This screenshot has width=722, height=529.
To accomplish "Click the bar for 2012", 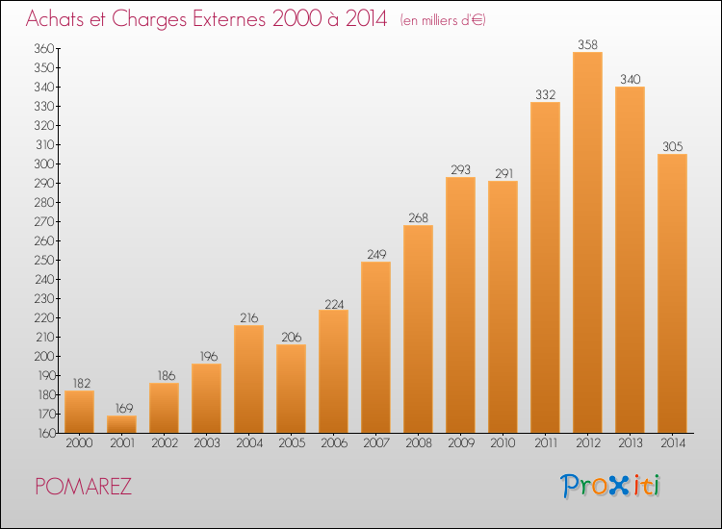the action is click(587, 242).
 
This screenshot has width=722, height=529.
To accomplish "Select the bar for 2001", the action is click(121, 424).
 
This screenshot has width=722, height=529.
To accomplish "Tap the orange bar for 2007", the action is click(375, 347).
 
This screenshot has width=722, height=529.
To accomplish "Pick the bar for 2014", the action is click(672, 293).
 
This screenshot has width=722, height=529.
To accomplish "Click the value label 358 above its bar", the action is click(587, 44).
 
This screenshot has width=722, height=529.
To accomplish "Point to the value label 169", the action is click(124, 408).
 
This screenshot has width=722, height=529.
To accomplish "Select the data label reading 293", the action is click(460, 169).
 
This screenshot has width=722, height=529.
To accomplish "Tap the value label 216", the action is click(249, 317).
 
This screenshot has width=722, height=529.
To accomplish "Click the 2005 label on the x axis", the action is click(292, 443).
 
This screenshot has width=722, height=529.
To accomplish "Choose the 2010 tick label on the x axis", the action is click(503, 443).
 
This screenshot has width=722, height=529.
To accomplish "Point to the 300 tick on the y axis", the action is click(44, 164).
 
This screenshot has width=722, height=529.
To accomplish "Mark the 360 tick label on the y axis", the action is click(44, 49).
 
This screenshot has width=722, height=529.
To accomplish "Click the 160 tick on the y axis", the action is click(46, 433).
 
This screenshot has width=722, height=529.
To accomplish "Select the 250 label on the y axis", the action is click(44, 261).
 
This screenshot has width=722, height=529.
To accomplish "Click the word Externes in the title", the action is click(229, 19).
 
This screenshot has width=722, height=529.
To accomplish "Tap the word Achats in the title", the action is click(55, 19).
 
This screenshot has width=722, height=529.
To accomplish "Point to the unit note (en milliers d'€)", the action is click(443, 20).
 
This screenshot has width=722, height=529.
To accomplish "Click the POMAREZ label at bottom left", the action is click(84, 487).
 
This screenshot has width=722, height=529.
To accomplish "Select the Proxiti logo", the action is click(610, 486).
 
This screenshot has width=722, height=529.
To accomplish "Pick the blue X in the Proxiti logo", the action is click(618, 486).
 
